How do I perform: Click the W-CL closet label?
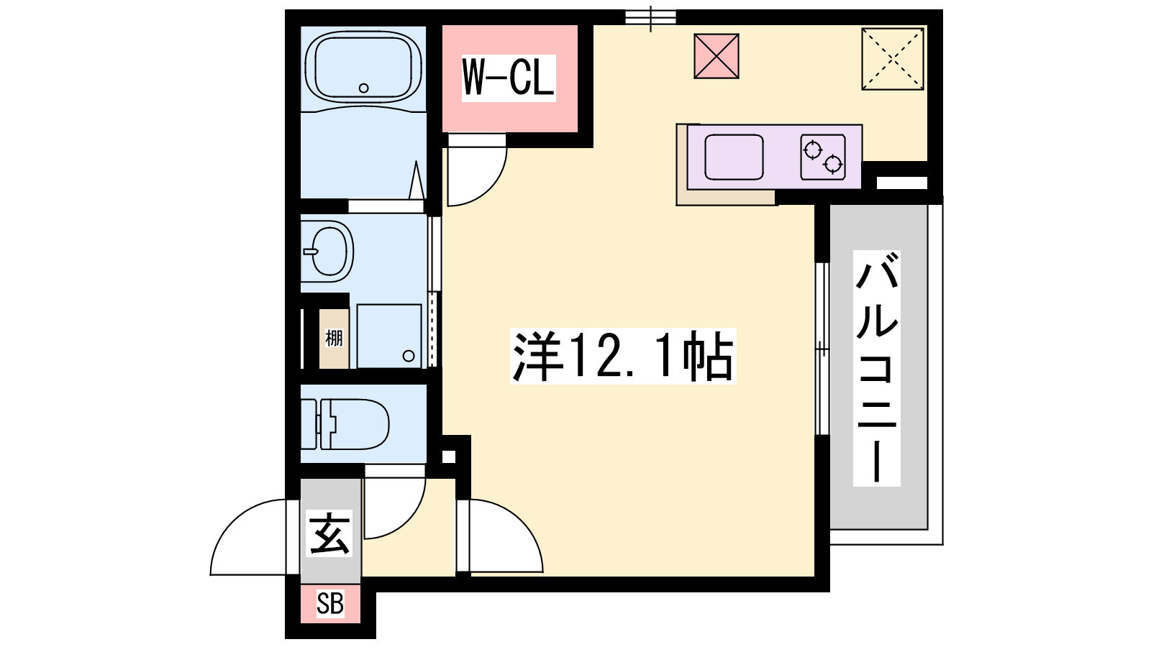tap(508, 78)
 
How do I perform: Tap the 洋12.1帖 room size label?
tap(623, 356)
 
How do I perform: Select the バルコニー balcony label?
tap(877, 368)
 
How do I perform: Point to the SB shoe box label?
tap(330, 604)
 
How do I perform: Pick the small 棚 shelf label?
tap(334, 339)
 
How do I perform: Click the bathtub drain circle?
tap(364, 88)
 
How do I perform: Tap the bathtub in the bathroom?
tap(363, 69)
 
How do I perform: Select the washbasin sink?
tap(327, 251)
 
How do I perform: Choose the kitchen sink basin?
tap(734, 157)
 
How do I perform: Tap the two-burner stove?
tap(823, 157)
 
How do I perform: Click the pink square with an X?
tap(716, 56)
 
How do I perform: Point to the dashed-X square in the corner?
tap(893, 59)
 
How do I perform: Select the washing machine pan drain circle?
tap(409, 356)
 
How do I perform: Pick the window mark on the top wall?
tap(650, 18)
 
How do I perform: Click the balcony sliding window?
tap(823, 349)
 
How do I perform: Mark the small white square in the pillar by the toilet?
tap(449, 456)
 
